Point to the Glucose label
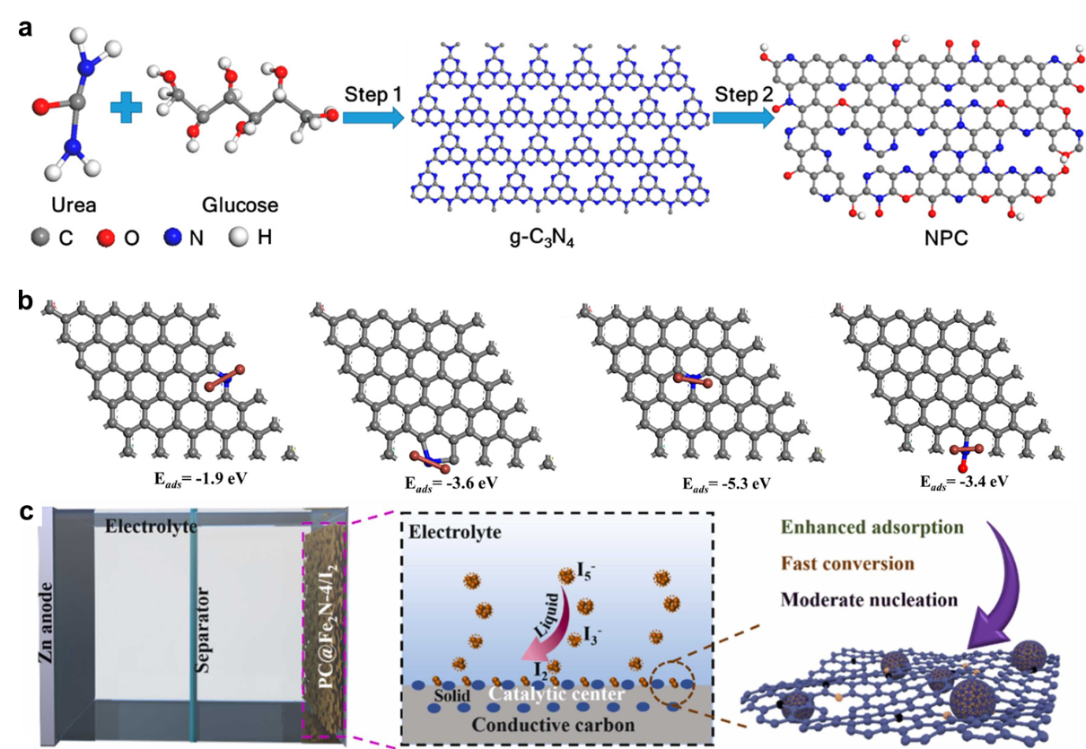click(x=241, y=205)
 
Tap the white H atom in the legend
click(x=240, y=238)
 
